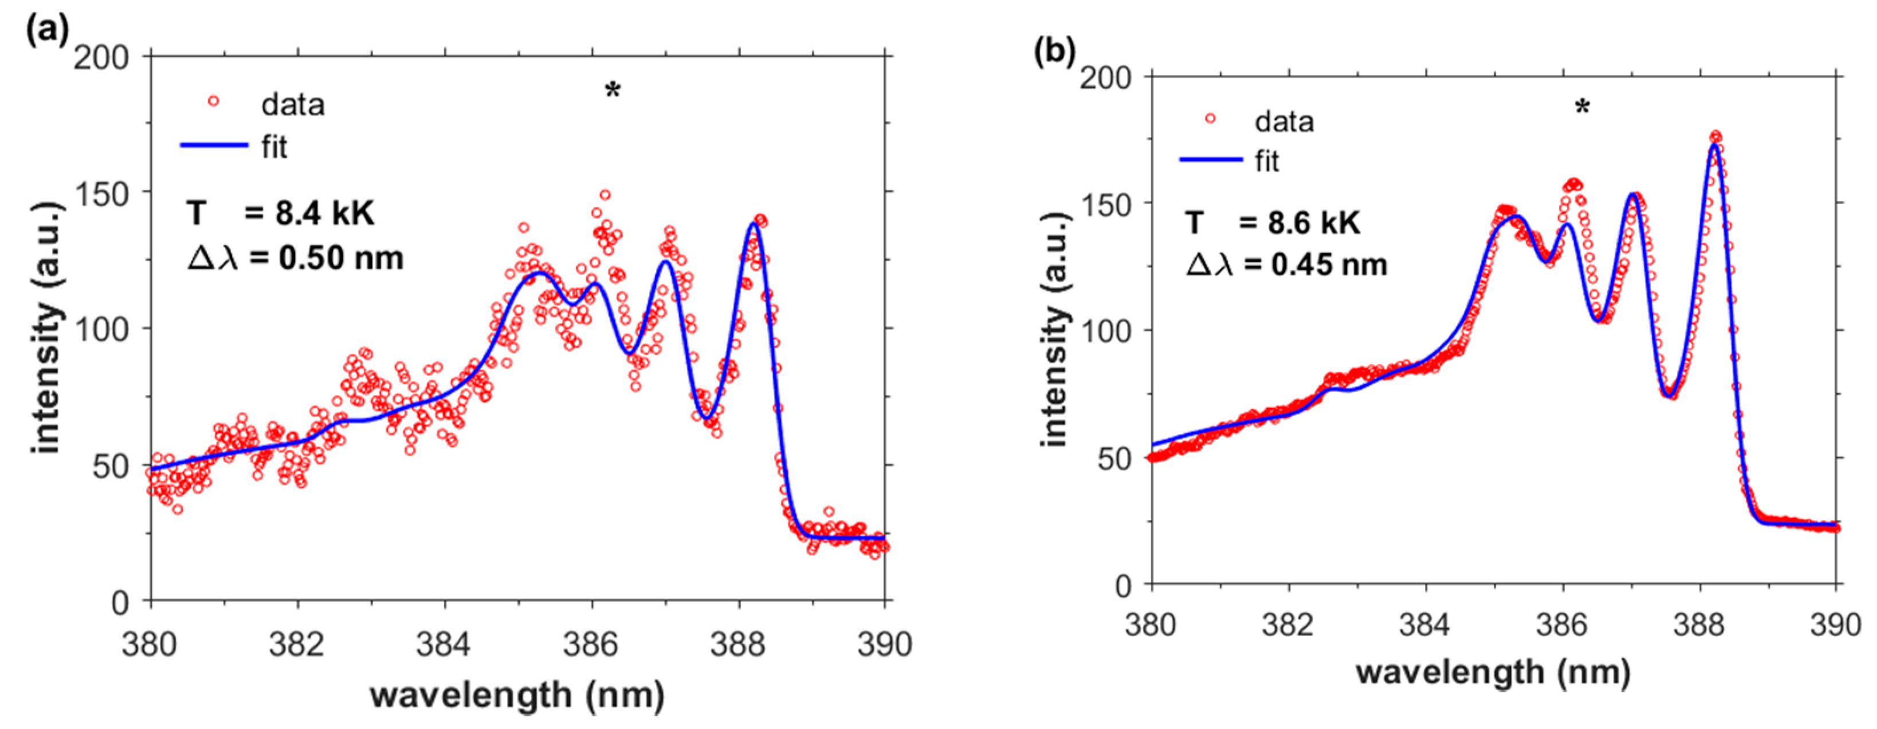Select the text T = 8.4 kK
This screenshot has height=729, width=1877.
tap(281, 214)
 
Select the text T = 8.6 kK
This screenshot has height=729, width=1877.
tap(1272, 222)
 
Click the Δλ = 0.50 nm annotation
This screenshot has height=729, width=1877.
tap(295, 258)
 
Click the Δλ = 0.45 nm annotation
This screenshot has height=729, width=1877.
tap(1287, 264)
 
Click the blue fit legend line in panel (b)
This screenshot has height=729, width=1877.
tap(1210, 159)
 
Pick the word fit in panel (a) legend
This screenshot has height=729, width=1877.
tap(274, 147)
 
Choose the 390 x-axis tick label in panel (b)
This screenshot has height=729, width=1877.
tap(1835, 625)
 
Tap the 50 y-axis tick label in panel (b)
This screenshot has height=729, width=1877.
tap(1113, 458)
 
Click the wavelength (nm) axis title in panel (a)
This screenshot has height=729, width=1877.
tap(517, 695)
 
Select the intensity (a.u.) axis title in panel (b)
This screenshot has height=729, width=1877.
tap(1054, 330)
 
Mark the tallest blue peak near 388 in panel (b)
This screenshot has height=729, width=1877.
tap(1714, 146)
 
